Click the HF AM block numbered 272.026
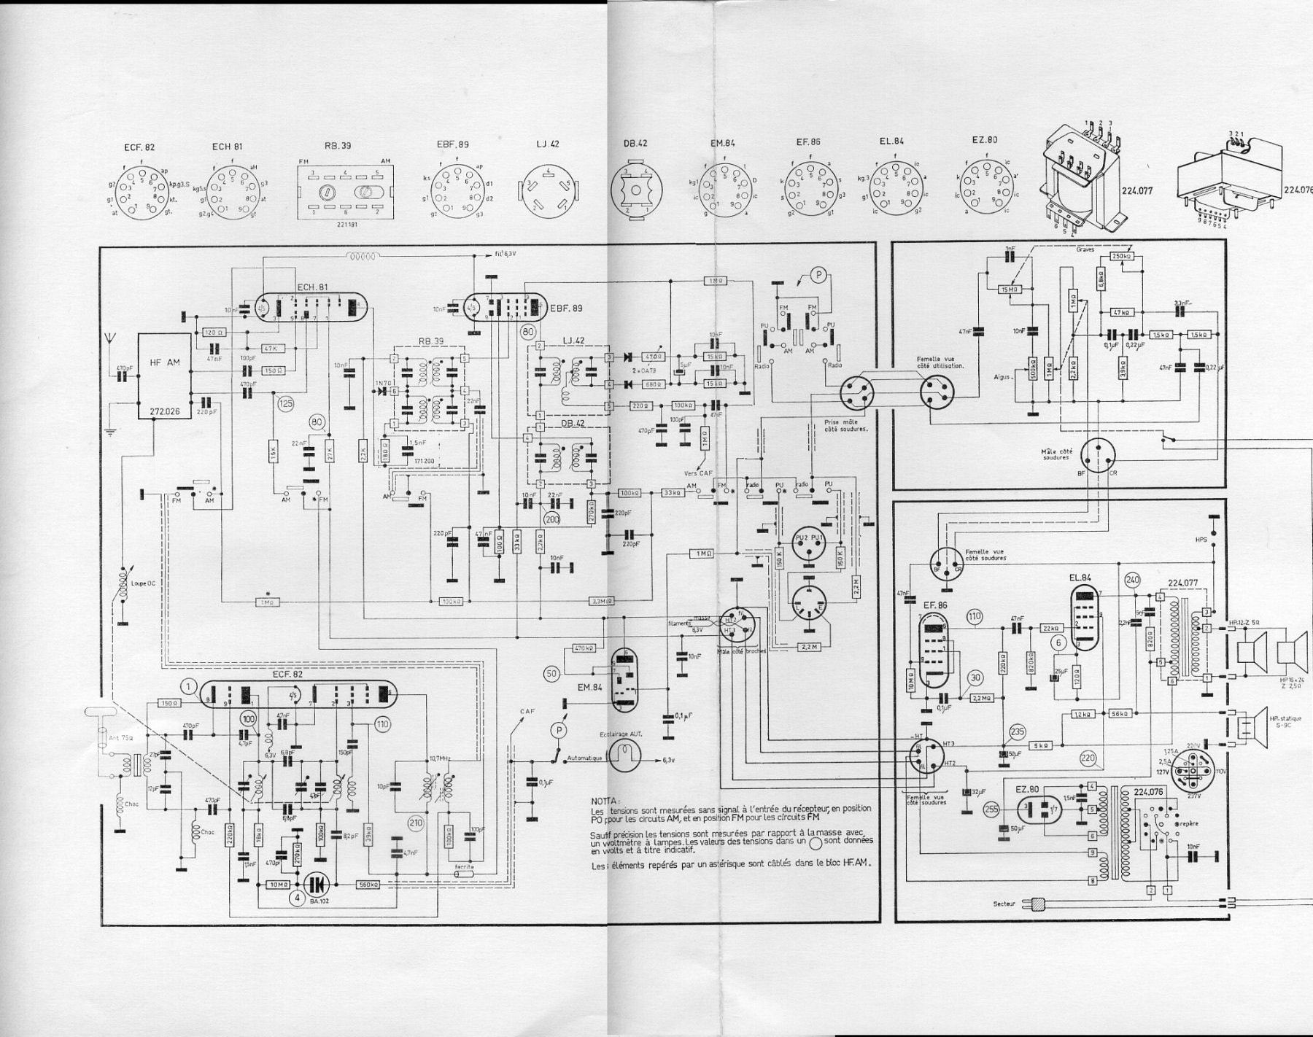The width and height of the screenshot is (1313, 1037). (x=166, y=376)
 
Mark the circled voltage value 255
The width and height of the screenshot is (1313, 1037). (x=991, y=808)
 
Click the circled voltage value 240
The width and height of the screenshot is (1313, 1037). (x=1131, y=580)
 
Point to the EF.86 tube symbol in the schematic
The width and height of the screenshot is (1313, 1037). (x=932, y=649)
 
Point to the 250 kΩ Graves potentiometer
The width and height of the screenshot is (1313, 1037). (x=1121, y=257)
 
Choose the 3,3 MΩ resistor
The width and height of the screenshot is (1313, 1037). (x=601, y=602)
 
